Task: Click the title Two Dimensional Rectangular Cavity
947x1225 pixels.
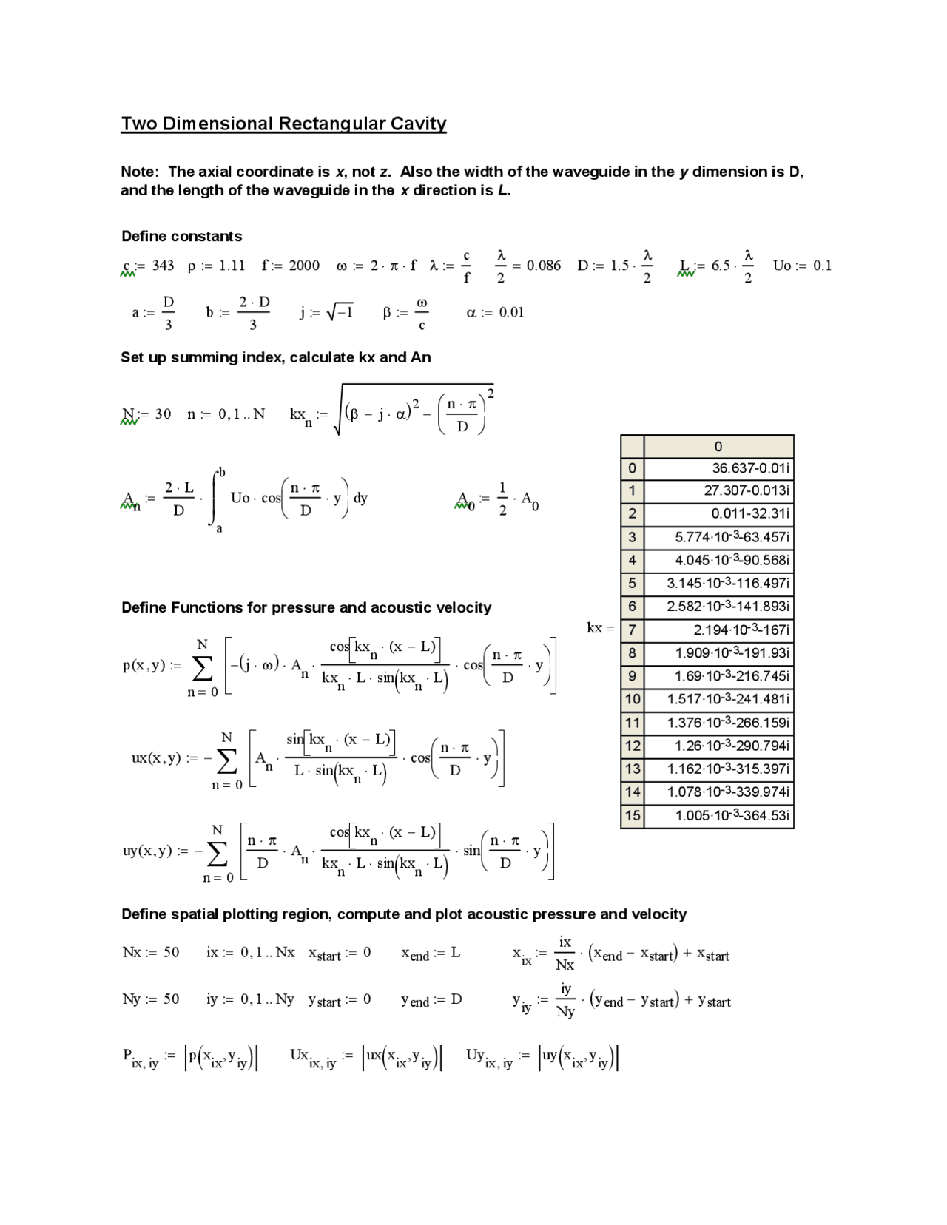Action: pyautogui.click(x=283, y=124)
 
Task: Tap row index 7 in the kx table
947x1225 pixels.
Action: pyautogui.click(x=632, y=630)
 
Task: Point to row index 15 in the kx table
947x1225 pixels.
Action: pyautogui.click(x=632, y=816)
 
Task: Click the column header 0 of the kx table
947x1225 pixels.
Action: pyautogui.click(x=718, y=447)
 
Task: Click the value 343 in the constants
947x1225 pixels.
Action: pyautogui.click(x=163, y=266)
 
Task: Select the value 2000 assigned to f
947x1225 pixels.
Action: pyautogui.click(x=304, y=266)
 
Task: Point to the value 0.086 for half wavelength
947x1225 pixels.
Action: pyautogui.click(x=544, y=266)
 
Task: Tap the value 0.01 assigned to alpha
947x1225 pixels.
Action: pyautogui.click(x=511, y=312)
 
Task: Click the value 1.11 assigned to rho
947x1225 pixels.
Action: pyautogui.click(x=232, y=266)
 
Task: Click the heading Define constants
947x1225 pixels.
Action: pyautogui.click(x=181, y=236)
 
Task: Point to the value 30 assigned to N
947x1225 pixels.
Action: pyautogui.click(x=163, y=414)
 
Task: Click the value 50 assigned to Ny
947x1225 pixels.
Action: pyautogui.click(x=171, y=999)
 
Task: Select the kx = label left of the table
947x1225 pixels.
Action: pyautogui.click(x=600, y=628)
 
